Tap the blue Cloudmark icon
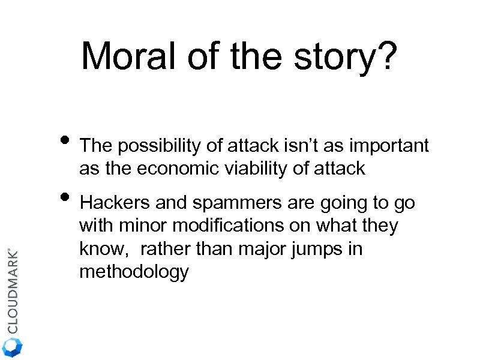12,347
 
